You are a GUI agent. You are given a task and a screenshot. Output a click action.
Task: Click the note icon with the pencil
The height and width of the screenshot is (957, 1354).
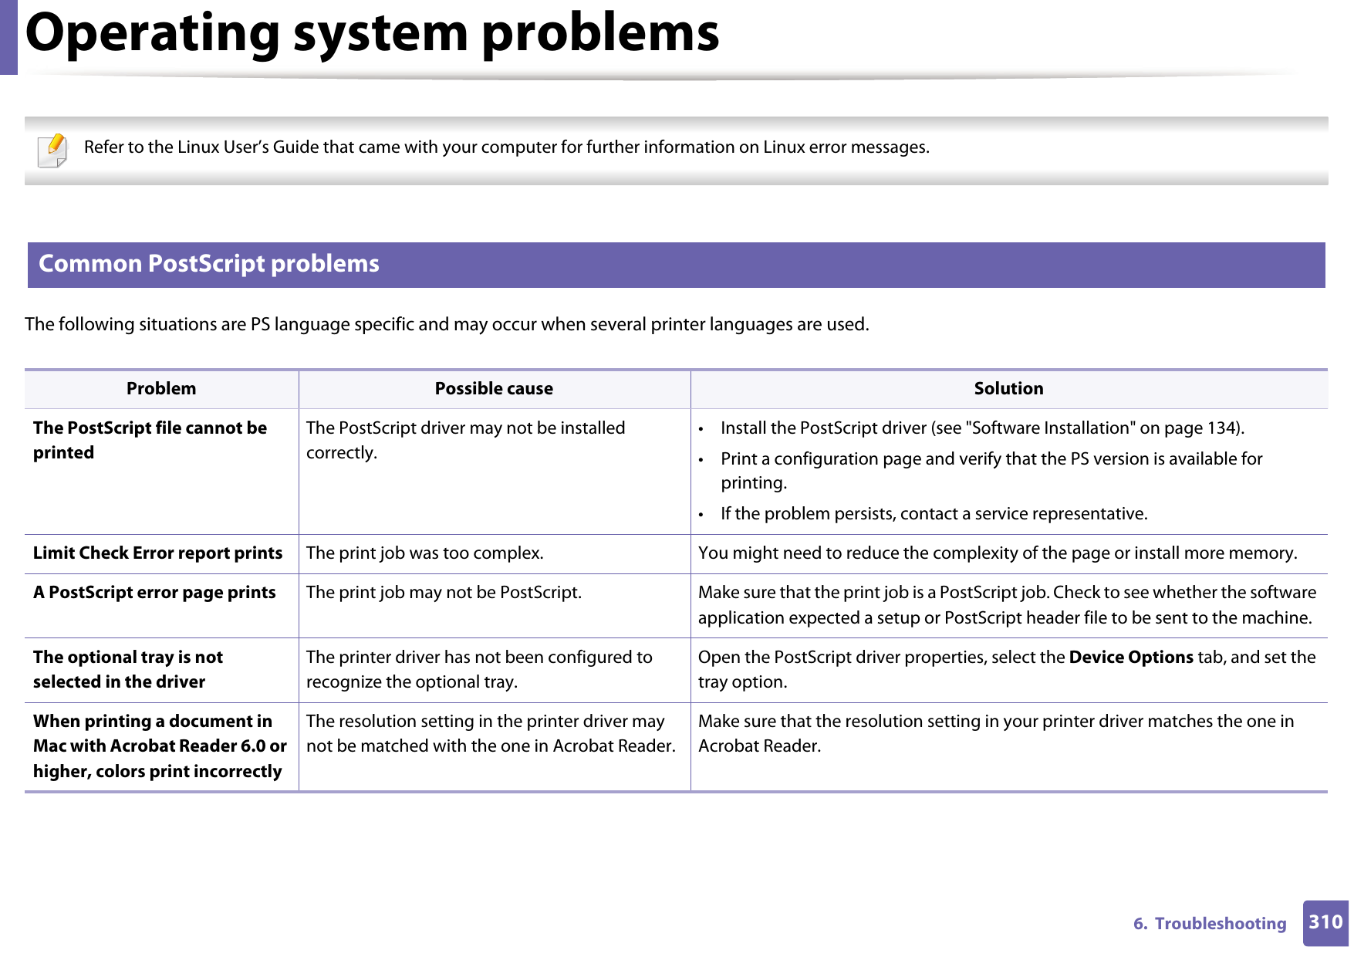[x=52, y=150]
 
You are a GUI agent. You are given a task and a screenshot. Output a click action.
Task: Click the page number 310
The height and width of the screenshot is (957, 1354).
[x=1325, y=922]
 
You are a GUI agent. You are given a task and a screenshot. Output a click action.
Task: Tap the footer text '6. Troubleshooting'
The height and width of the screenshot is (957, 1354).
[x=1209, y=924]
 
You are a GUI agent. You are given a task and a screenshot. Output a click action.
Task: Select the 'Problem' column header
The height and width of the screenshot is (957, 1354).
[x=161, y=389]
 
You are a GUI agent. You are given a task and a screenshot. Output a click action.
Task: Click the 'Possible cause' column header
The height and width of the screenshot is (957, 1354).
[x=494, y=389]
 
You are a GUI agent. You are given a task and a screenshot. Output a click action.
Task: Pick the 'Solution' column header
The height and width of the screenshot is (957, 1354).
[x=1008, y=389]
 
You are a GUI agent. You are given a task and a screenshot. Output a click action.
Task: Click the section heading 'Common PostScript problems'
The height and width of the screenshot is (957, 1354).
[x=209, y=264]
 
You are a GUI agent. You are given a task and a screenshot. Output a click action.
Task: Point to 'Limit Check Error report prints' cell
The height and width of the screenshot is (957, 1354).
[x=157, y=553]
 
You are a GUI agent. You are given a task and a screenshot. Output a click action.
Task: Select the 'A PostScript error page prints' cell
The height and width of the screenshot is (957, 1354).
[x=154, y=593]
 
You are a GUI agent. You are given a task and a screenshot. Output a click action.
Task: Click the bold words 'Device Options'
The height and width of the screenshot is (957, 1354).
[x=1131, y=658]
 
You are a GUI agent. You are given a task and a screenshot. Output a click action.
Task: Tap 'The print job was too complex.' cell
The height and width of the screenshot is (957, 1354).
[x=424, y=553]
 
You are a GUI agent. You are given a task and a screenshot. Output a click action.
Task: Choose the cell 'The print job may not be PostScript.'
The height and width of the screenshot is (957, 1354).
[x=444, y=593]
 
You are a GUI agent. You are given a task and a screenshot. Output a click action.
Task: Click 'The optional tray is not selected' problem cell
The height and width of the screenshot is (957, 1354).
[x=128, y=669]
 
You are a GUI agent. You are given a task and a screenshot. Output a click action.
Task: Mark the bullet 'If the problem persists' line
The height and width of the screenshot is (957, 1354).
[x=934, y=514]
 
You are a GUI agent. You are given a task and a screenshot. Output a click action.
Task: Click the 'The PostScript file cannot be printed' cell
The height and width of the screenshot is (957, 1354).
[x=150, y=440]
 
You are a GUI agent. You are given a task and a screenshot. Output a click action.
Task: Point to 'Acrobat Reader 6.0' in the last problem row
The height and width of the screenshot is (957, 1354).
[x=188, y=746]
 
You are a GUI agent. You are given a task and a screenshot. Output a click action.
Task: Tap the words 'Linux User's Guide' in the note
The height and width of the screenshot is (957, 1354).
[x=248, y=147]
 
